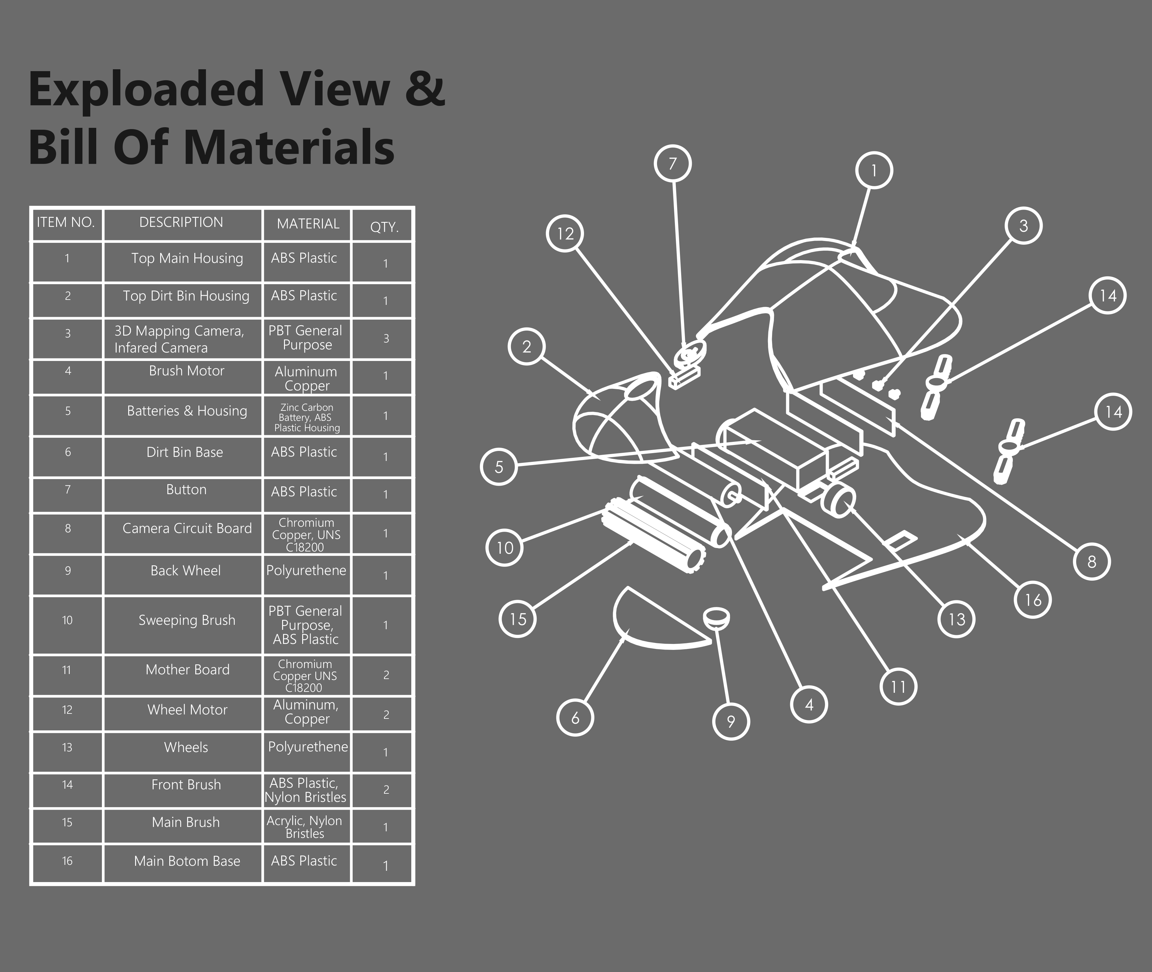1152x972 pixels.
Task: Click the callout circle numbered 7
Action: tap(672, 164)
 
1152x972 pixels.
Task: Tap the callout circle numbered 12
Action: tap(565, 234)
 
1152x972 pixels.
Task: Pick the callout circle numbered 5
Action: tap(499, 467)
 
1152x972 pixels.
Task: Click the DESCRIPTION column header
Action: tap(181, 222)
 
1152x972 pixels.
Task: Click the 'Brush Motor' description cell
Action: tap(186, 371)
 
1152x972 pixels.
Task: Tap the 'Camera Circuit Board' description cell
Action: tap(187, 528)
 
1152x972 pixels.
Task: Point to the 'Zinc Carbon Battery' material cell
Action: tap(307, 417)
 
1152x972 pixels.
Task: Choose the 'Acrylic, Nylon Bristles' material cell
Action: tap(305, 827)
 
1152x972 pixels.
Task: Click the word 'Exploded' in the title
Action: tap(146, 89)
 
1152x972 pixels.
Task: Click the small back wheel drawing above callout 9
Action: tap(717, 617)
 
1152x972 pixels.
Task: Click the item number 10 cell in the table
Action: tap(67, 620)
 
